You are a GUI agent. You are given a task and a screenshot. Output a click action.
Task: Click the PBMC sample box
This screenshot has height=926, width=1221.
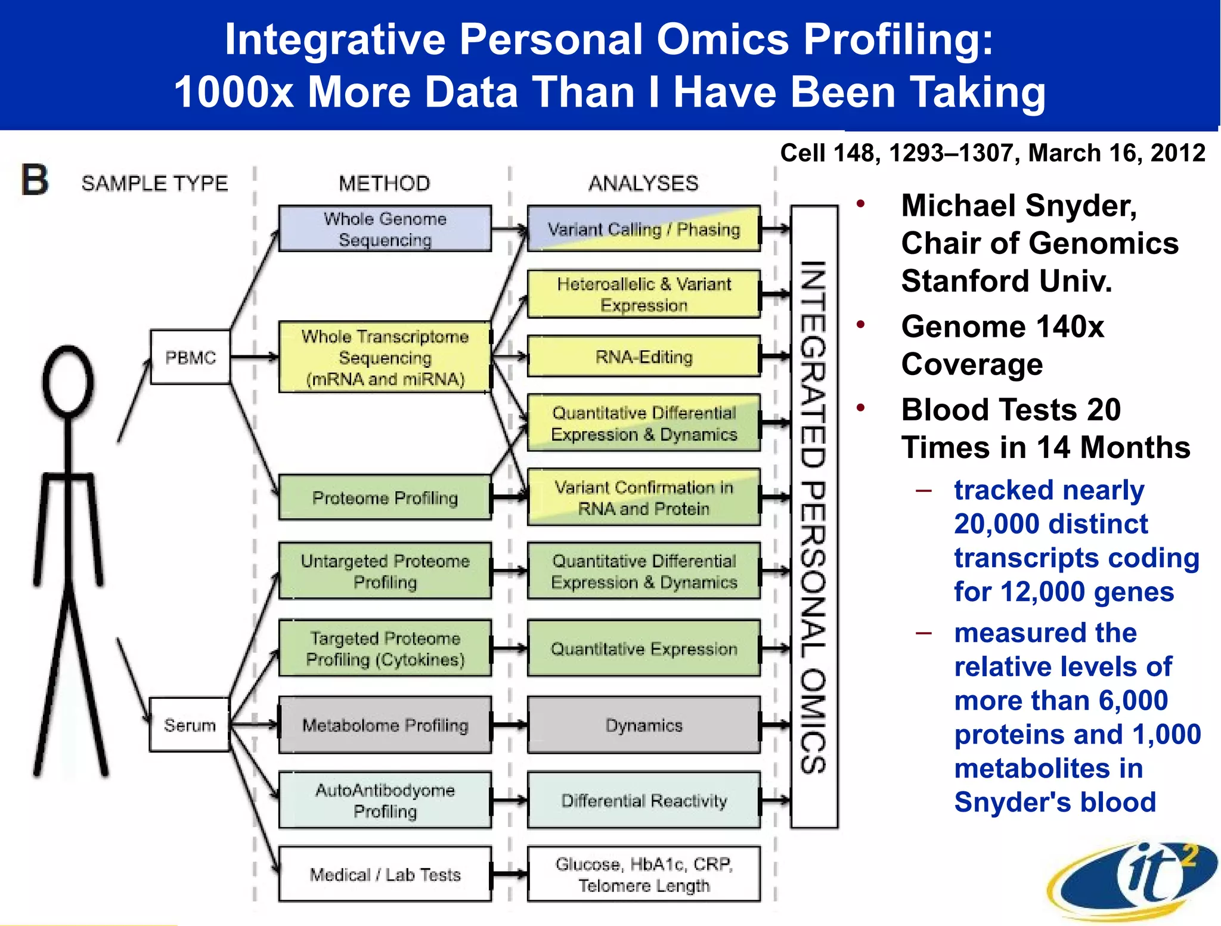point(190,357)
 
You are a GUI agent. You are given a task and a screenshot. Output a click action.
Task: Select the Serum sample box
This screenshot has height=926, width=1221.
point(190,725)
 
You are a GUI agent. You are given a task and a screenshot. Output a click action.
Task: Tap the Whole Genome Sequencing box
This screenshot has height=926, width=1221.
point(385,229)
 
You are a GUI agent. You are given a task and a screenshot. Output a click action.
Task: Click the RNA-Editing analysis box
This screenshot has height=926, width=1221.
point(644,357)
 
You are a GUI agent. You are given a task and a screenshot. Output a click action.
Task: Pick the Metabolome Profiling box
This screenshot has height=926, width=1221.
point(385,725)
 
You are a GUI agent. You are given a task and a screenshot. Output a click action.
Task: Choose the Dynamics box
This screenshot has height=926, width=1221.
point(644,725)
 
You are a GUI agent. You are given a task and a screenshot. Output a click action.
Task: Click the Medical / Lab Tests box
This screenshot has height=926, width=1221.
point(385,874)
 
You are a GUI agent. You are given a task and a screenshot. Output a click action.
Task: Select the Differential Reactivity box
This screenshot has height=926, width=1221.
point(644,800)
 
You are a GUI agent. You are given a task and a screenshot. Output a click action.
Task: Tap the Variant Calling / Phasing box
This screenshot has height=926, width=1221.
point(644,229)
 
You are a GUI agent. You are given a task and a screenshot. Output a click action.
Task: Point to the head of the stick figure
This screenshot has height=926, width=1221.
point(69,382)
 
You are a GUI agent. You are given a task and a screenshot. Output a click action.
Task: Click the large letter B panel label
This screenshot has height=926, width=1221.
point(35,180)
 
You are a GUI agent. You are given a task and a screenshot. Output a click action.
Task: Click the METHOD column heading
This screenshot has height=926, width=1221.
point(385,183)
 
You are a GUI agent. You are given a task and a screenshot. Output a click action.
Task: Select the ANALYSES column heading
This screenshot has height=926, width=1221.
point(643,183)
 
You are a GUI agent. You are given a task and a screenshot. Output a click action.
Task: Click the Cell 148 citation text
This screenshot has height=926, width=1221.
point(992,153)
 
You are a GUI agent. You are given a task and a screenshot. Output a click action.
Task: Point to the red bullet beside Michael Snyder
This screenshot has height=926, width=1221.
point(860,204)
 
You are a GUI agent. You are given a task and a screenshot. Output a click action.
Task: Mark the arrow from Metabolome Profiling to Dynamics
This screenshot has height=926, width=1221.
point(509,725)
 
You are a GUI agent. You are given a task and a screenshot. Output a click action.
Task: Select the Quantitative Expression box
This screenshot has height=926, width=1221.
point(644,649)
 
